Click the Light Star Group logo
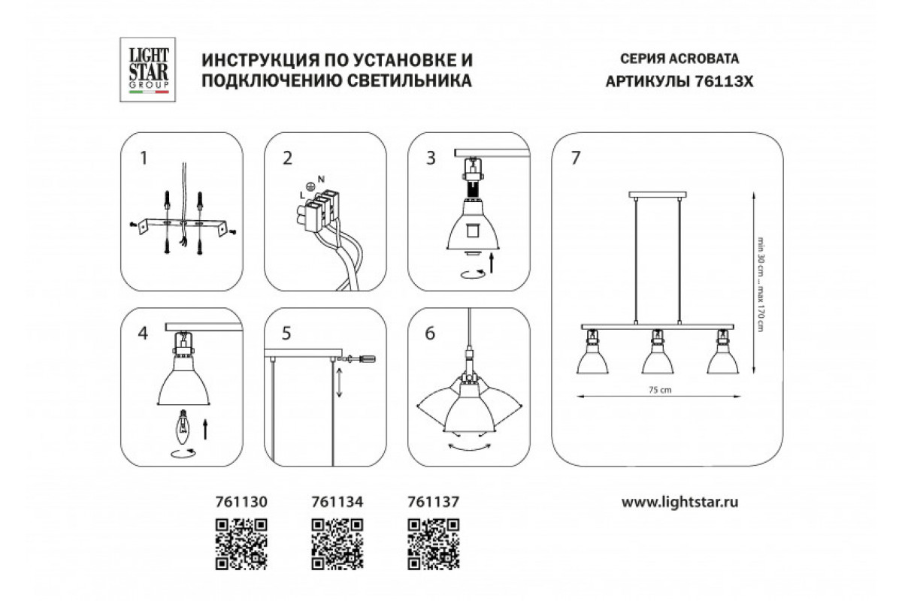tap(147, 70)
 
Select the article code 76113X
tap(724, 82)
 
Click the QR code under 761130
tap(241, 544)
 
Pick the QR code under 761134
tap(337, 544)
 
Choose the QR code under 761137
tap(433, 544)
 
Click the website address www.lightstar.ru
tap(680, 503)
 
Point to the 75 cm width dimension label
tap(660, 390)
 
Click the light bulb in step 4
tap(183, 427)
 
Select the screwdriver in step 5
tap(357, 358)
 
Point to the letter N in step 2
tap(321, 179)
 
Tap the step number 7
tap(576, 158)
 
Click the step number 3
tap(431, 159)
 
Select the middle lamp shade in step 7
tap(658, 358)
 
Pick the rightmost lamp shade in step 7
tap(723, 358)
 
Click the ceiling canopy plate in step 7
tap(658, 195)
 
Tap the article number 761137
tap(433, 502)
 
